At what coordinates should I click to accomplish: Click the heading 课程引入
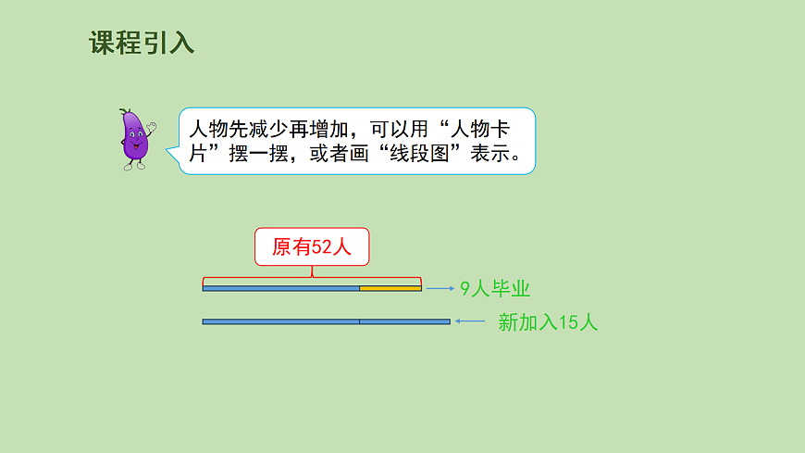point(142,43)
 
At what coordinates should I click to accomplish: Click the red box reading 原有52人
point(312,247)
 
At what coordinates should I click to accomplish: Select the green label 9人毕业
point(495,288)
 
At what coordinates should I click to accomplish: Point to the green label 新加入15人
point(548,322)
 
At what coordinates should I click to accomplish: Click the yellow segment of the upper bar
point(390,288)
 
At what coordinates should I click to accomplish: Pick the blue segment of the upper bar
point(280,288)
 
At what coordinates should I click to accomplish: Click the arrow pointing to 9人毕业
point(440,288)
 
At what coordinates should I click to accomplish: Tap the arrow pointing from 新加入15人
point(471,321)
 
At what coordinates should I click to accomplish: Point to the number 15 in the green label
point(569,322)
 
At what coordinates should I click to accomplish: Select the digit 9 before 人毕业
point(465,288)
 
